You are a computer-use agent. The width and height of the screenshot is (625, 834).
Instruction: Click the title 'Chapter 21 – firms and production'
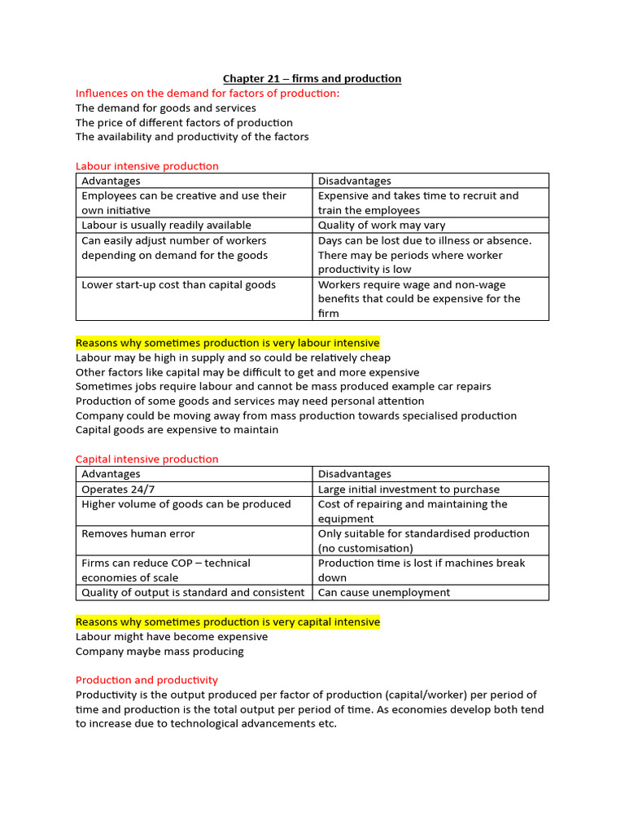pyautogui.click(x=312, y=78)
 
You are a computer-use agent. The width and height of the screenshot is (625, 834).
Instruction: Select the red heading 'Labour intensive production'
pyautogui.click(x=147, y=166)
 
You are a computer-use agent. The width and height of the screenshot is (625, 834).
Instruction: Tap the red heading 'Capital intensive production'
pyautogui.click(x=147, y=459)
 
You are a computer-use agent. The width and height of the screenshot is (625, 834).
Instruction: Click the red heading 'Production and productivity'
pyautogui.click(x=146, y=680)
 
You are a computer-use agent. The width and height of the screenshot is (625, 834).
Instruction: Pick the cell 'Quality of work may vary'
pyautogui.click(x=382, y=226)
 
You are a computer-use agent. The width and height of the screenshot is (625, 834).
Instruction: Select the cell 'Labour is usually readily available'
pyautogui.click(x=166, y=226)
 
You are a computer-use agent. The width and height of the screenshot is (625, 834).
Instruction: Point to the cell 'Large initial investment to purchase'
pyautogui.click(x=409, y=489)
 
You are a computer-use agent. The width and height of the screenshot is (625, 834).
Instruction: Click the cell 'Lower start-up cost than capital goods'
pyautogui.click(x=178, y=285)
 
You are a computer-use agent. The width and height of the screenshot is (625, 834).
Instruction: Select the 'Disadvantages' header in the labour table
pyautogui.click(x=354, y=181)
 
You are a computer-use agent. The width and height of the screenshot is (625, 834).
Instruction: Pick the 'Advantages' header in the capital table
pyautogui.click(x=111, y=474)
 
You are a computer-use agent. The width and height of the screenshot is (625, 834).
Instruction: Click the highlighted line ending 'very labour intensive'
pyautogui.click(x=227, y=343)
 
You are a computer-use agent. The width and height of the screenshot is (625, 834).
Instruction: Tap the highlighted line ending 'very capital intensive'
pyautogui.click(x=227, y=622)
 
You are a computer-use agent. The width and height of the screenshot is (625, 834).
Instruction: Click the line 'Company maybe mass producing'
pyautogui.click(x=160, y=652)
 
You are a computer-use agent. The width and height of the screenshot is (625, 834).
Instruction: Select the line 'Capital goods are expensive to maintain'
pyautogui.click(x=177, y=430)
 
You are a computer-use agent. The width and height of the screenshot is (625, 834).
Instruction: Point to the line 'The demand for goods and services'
pyautogui.click(x=165, y=108)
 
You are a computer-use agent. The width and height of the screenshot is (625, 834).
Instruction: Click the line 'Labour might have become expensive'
pyautogui.click(x=171, y=637)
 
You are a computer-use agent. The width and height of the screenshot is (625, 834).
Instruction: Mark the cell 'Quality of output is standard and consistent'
pyautogui.click(x=193, y=593)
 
